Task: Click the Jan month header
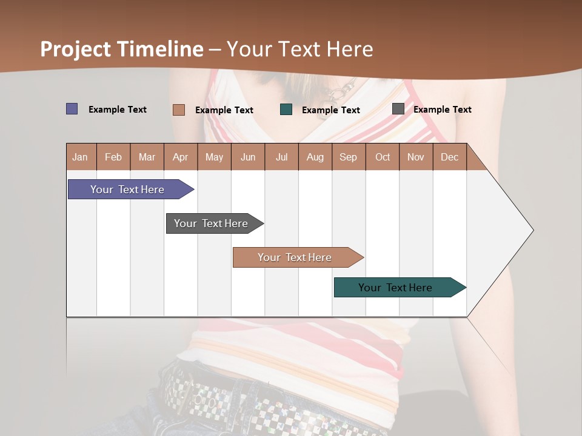81,157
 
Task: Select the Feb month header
113,157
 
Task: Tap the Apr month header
181,157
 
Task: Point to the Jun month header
248,157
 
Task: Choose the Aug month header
315,157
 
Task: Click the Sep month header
349,157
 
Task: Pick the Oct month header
383,157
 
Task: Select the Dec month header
450,157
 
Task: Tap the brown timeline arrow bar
295,257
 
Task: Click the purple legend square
72,109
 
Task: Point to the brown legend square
179,110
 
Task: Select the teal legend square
286,110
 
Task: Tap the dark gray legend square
398,109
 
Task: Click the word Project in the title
76,49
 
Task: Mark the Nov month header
416,157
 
